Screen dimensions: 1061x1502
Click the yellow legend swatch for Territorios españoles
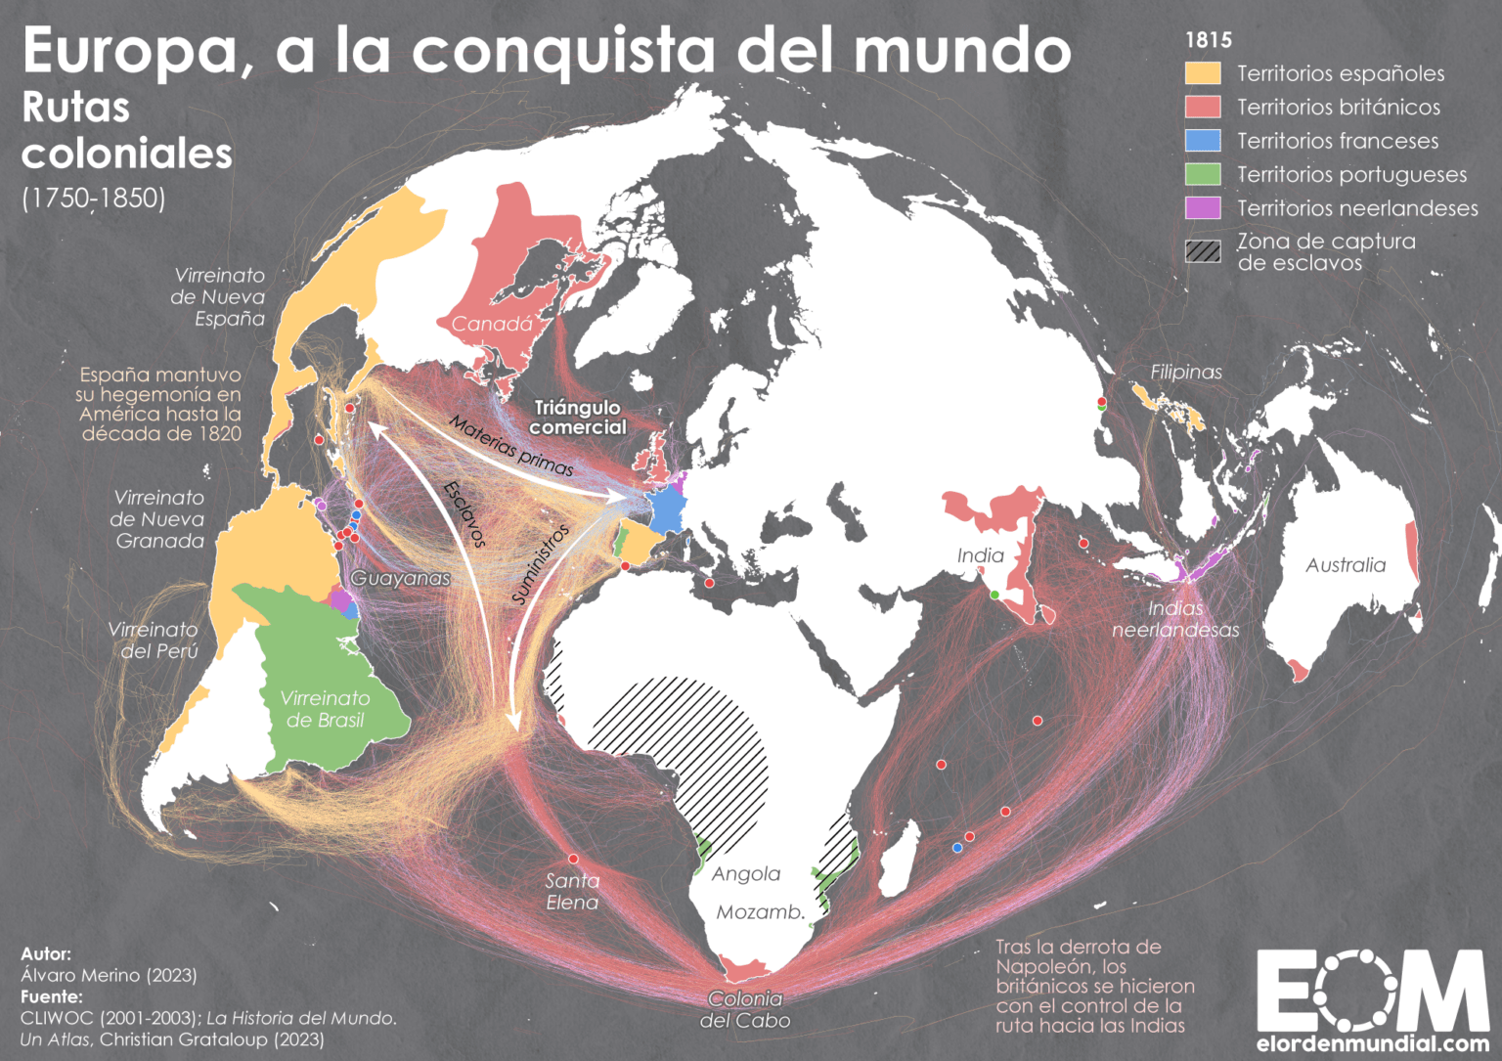[x=1203, y=73]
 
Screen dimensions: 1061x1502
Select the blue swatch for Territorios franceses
[x=1203, y=141]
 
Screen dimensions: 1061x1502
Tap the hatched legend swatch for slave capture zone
[x=1203, y=251]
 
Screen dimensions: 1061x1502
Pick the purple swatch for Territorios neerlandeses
[x=1203, y=208]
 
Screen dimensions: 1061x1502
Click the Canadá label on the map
[x=492, y=325]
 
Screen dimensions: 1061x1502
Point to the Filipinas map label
[x=1186, y=372]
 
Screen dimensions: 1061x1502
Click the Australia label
[x=1346, y=565]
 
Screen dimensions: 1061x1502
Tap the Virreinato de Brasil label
[x=325, y=709]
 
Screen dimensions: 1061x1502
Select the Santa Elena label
[x=572, y=891]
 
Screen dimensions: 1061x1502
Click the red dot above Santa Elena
[x=573, y=859]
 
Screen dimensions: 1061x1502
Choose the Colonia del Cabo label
[x=745, y=1009]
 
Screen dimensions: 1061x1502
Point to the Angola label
[x=746, y=874]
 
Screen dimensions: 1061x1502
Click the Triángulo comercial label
[x=578, y=418]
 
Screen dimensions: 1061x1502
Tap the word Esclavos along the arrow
[x=464, y=513]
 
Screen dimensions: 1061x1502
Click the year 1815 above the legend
[x=1209, y=40]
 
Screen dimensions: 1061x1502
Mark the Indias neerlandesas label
[x=1175, y=619]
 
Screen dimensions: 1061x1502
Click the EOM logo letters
[x=1372, y=990]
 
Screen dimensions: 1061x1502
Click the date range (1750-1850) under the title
[x=94, y=199]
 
